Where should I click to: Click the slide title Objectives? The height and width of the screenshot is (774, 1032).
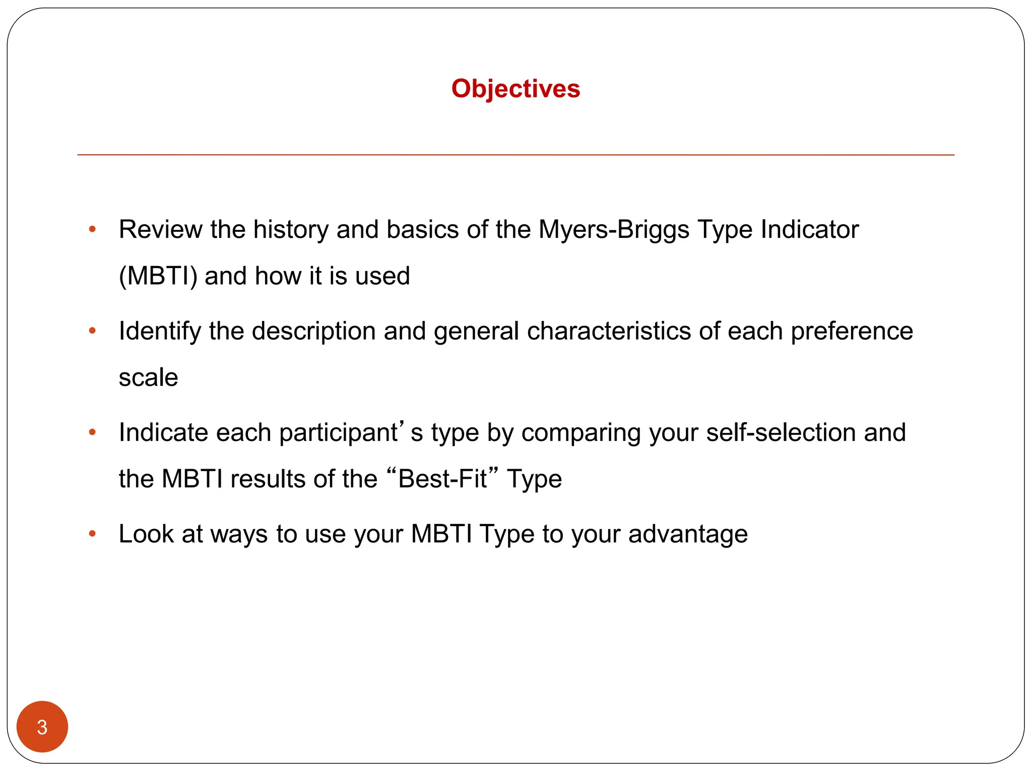pyautogui.click(x=515, y=89)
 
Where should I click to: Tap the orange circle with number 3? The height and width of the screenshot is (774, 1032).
pyautogui.click(x=42, y=727)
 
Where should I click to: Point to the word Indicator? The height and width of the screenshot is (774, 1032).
pyautogui.click(x=809, y=229)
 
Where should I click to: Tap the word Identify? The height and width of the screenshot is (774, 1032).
pyautogui.click(x=160, y=331)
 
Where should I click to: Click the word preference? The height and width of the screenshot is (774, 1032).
pyautogui.click(x=852, y=331)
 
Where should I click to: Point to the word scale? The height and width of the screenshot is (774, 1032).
pyautogui.click(x=148, y=377)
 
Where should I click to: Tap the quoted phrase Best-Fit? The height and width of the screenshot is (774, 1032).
pyautogui.click(x=442, y=479)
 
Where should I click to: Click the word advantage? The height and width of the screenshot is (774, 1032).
pyautogui.click(x=688, y=534)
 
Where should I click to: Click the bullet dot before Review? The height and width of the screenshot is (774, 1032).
pyautogui.click(x=92, y=230)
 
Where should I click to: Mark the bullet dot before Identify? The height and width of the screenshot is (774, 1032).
pyautogui.click(x=92, y=331)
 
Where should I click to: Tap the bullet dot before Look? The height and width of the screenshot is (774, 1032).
pyautogui.click(x=92, y=534)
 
